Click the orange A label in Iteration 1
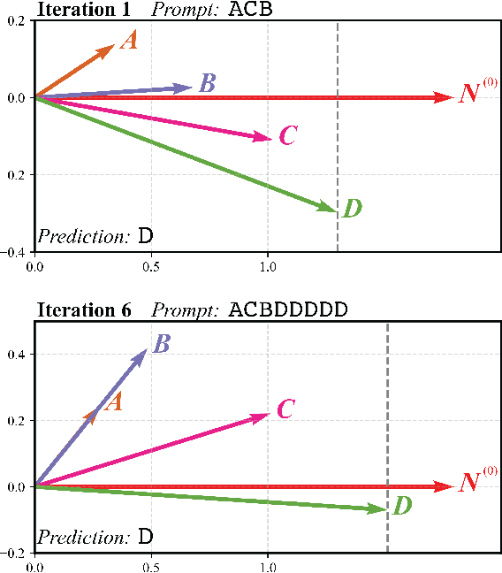(129, 41)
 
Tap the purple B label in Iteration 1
(207, 84)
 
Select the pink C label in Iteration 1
(287, 135)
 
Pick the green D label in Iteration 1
(352, 209)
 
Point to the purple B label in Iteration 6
(161, 344)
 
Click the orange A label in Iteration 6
(112, 402)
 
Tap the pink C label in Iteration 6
(285, 409)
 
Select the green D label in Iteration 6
(401, 507)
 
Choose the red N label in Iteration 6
(469, 484)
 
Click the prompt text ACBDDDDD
(287, 309)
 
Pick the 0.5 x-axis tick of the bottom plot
(151, 566)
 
